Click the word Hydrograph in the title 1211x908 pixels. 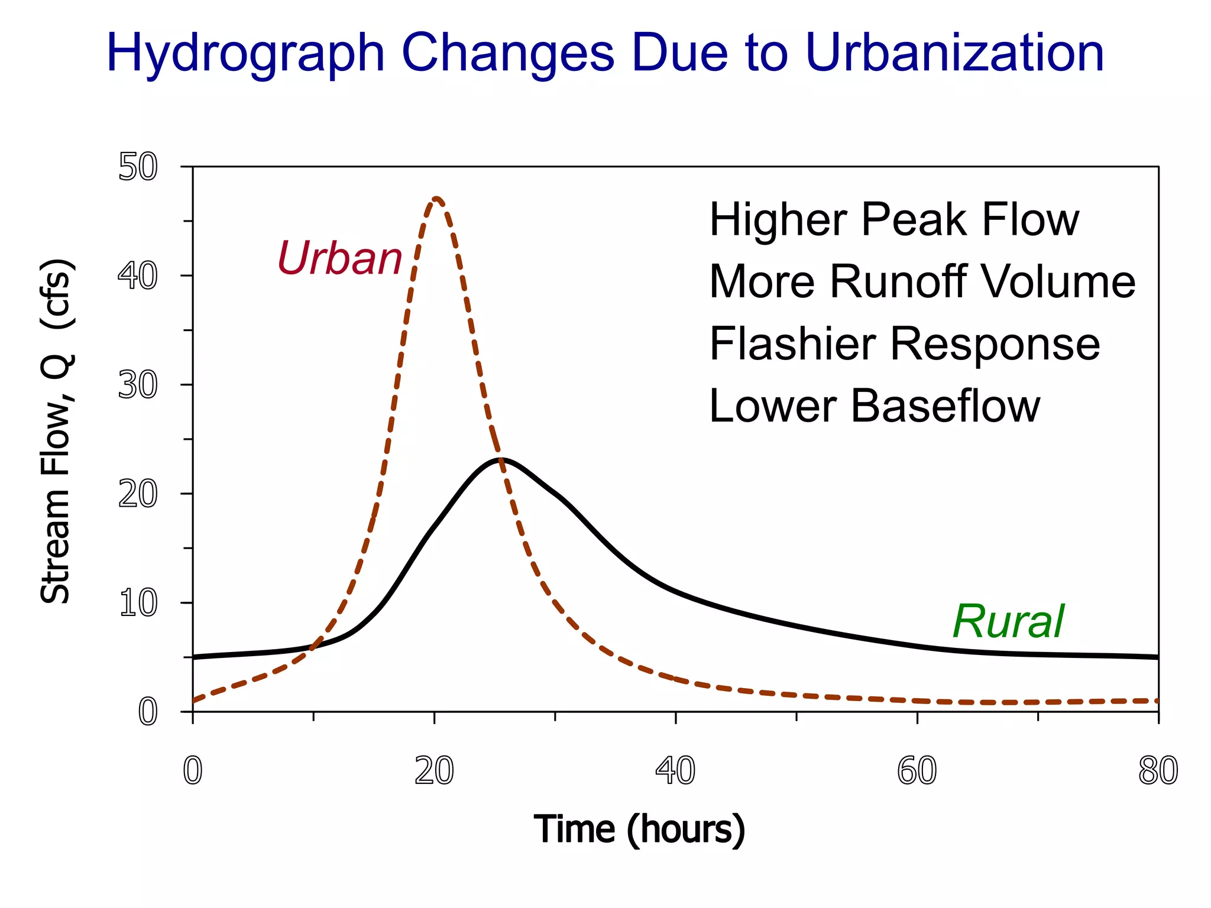tap(245, 53)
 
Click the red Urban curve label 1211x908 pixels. tap(339, 258)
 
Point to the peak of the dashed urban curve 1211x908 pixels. tap(436, 199)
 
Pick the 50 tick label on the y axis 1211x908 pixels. tap(138, 167)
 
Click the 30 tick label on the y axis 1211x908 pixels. tap(138, 385)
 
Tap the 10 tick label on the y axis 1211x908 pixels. tap(138, 604)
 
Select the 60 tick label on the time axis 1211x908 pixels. tap(917, 771)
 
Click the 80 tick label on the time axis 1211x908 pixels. tap(1158, 771)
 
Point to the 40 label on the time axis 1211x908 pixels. tap(675, 771)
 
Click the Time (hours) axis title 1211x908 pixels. tap(639, 829)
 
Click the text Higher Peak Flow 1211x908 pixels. tap(893, 219)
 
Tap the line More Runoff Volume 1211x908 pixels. tap(922, 281)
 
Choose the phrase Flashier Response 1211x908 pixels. tap(904, 344)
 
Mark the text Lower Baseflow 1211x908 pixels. tap(874, 406)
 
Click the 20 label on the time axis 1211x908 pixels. tap(434, 771)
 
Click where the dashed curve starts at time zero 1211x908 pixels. tap(194, 701)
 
